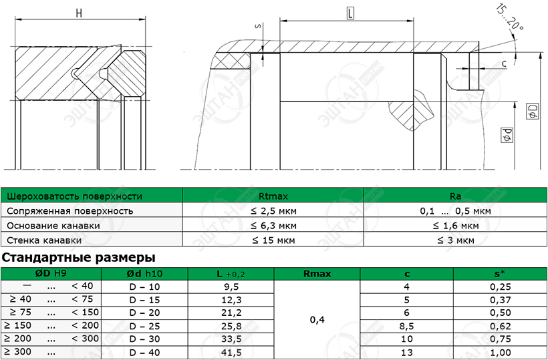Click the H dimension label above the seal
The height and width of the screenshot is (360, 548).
click(x=79, y=13)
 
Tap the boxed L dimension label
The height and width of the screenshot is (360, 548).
click(x=350, y=13)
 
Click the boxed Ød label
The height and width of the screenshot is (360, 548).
click(x=507, y=135)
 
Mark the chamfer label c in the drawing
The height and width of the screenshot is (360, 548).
click(x=504, y=63)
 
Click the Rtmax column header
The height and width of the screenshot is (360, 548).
click(x=273, y=196)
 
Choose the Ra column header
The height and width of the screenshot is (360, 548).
click(x=455, y=196)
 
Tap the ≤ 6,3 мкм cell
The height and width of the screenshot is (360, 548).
click(x=273, y=226)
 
